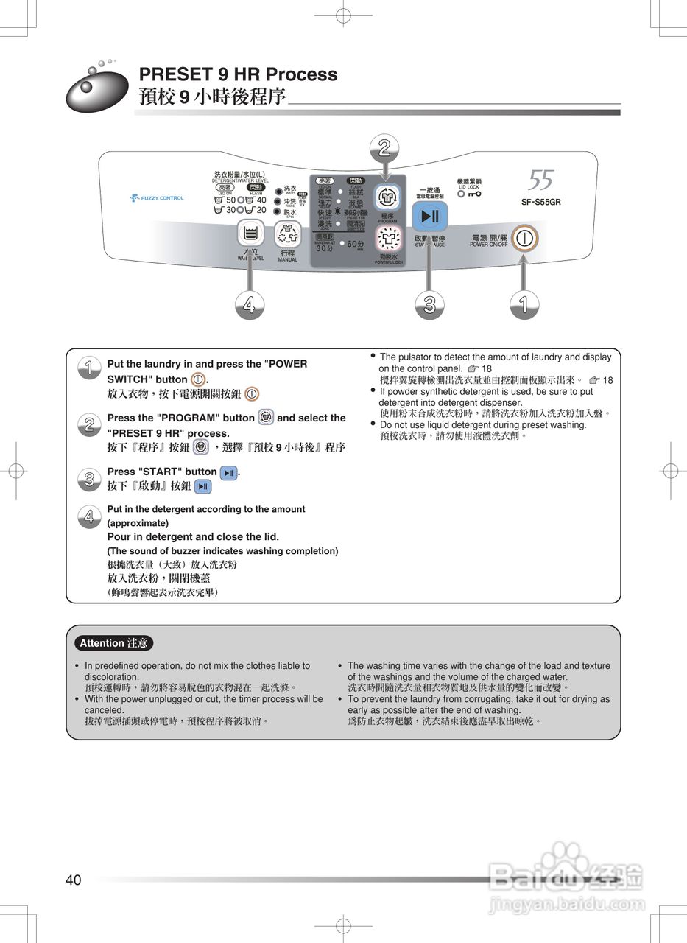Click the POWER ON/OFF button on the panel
click(x=524, y=239)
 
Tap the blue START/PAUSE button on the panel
click(x=430, y=217)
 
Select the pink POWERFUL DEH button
click(x=387, y=239)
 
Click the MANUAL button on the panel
click(x=287, y=235)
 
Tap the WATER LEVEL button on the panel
click(x=250, y=234)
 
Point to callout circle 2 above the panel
click(x=384, y=147)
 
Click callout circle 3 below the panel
click(x=429, y=304)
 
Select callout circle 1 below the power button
click(x=524, y=304)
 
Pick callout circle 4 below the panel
click(x=250, y=304)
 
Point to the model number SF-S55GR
click(x=541, y=202)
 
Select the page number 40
click(x=74, y=880)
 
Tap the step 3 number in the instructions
click(x=88, y=480)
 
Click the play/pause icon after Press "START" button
click(x=229, y=473)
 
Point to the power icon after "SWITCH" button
click(x=197, y=379)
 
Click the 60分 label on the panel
click(x=355, y=244)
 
